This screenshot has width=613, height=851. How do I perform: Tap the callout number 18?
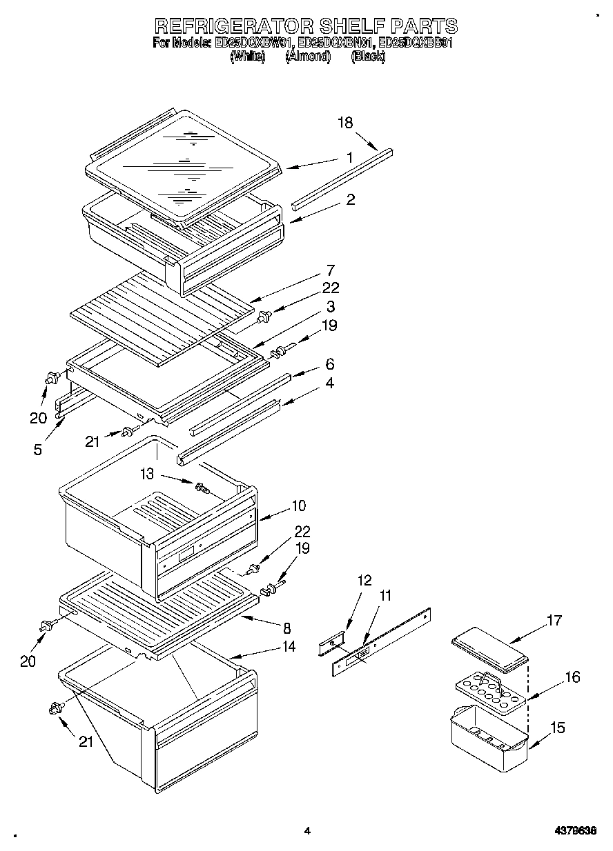point(345,123)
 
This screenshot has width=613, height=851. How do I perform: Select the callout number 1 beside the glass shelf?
point(350,157)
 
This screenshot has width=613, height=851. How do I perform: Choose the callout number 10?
point(298,505)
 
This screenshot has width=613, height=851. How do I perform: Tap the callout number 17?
point(554,621)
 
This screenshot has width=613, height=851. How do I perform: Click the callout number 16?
point(572,677)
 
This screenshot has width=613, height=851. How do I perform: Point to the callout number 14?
point(288,646)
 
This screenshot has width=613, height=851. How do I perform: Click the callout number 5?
point(37,450)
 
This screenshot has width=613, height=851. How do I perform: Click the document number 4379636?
point(574,831)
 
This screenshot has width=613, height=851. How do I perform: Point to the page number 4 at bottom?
point(306,831)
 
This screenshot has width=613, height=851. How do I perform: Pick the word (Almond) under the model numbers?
point(308,57)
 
